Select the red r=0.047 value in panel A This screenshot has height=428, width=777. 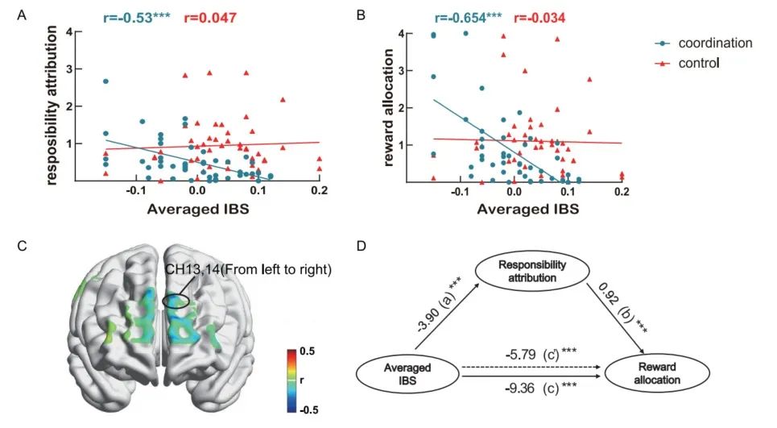[213, 17]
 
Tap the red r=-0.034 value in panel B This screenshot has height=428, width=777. [540, 17]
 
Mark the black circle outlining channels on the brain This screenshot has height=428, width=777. [176, 301]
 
